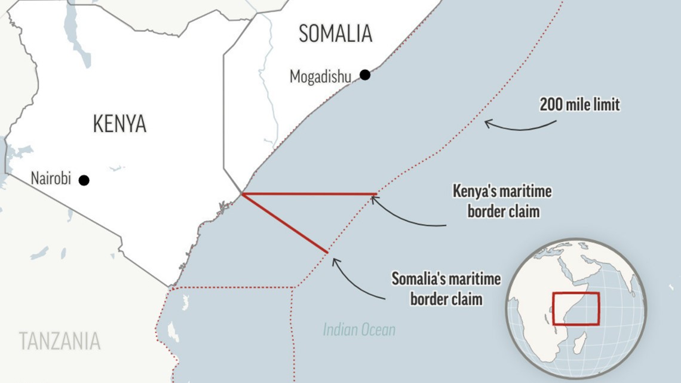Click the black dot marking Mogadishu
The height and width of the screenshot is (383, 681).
[x=364, y=75]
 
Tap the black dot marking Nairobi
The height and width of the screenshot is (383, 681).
[x=84, y=180]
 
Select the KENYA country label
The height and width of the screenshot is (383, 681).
[x=119, y=124]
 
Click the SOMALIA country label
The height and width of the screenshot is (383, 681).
[x=336, y=33]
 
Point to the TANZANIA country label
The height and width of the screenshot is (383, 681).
[x=60, y=341]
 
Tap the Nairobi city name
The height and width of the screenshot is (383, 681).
[x=51, y=179]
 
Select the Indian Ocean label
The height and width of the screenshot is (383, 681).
[x=359, y=329]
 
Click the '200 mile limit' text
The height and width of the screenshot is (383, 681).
[x=579, y=105]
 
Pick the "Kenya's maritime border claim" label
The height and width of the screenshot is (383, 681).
[x=502, y=201]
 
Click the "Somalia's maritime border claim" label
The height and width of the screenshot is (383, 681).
[x=446, y=288]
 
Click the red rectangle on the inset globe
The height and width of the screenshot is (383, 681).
[x=576, y=308]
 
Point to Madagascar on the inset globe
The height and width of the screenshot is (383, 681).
[x=578, y=344]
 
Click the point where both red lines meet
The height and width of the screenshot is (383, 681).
[x=242, y=194]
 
